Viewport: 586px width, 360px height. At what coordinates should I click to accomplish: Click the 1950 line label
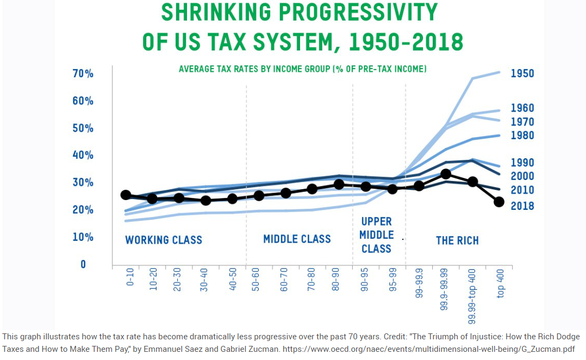pos(522,74)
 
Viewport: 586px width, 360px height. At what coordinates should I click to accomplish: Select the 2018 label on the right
pos(522,206)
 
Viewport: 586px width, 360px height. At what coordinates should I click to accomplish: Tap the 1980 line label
pos(522,135)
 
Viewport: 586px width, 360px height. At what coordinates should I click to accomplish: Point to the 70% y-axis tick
pos(83,74)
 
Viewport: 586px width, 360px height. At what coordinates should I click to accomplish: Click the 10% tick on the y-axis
pos(83,237)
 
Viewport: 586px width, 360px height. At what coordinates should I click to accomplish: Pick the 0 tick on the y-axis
pos(83,264)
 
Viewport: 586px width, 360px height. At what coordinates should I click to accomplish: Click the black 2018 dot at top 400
pos(499,202)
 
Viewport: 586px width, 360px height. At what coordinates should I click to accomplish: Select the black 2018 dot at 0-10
pos(126,195)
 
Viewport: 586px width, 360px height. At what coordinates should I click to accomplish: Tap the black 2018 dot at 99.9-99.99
pos(446,174)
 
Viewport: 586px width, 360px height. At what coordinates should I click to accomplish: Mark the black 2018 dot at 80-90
pos(339,184)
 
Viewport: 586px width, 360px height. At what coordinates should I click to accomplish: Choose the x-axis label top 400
pos(500,283)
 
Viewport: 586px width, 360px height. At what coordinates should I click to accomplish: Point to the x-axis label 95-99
pos(392,280)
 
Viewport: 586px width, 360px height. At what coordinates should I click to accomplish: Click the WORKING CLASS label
pos(164,240)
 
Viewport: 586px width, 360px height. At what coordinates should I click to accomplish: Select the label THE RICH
pos(457,240)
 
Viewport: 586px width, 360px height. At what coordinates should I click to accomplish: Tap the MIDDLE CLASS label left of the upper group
pos(297,239)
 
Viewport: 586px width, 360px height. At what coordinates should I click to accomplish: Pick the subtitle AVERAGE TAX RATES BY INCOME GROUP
pos(302,70)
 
